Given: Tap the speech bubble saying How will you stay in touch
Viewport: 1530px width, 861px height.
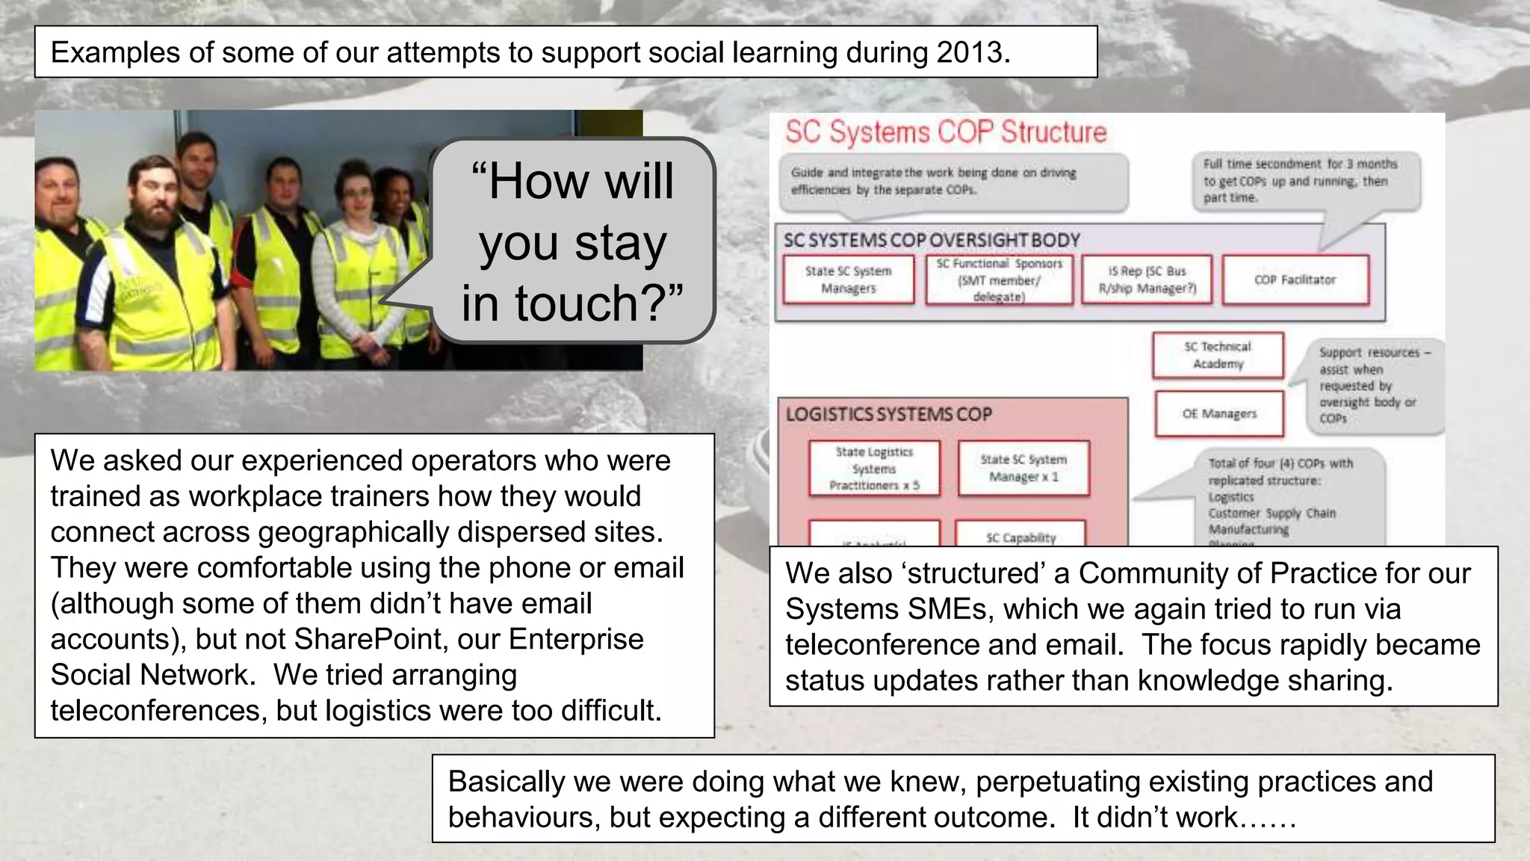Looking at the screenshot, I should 572,241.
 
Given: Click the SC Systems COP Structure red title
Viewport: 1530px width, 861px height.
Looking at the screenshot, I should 945,132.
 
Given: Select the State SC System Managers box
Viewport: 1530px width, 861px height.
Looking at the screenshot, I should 848,280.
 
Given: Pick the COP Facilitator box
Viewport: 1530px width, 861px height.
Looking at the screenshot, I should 1295,280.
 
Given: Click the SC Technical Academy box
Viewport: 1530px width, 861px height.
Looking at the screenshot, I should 1218,355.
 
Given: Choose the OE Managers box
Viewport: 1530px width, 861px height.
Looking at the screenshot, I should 1218,413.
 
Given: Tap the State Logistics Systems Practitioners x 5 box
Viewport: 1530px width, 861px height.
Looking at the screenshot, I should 874,469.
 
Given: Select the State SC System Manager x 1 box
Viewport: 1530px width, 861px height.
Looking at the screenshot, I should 1023,468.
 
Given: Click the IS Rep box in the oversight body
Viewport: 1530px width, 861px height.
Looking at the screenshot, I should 1147,280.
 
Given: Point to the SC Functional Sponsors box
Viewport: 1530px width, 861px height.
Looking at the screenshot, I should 999,280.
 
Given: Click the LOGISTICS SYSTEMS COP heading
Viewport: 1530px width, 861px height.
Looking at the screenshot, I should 888,414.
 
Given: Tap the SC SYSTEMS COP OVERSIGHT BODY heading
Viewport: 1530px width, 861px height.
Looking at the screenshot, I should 932,240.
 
